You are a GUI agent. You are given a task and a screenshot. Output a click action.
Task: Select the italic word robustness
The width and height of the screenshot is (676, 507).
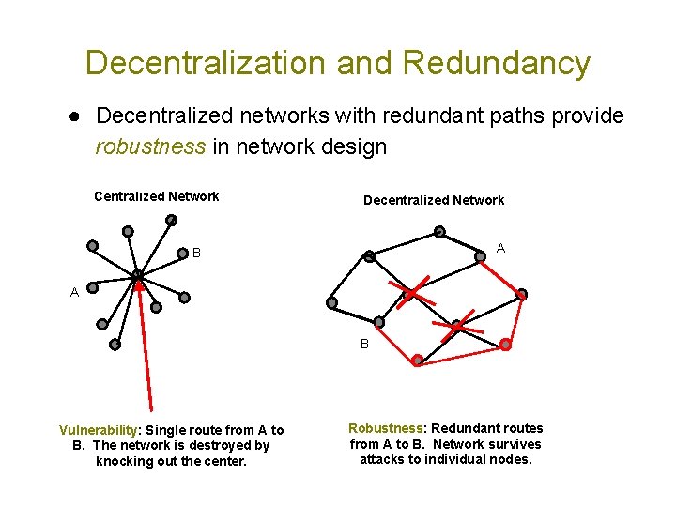(x=150, y=146)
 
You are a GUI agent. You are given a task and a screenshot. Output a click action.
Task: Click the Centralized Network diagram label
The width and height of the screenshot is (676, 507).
(x=156, y=196)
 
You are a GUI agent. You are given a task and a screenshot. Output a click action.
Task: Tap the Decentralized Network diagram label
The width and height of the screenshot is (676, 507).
(x=433, y=200)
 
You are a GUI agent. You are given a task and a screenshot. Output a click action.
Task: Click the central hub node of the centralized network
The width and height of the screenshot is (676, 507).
(x=137, y=275)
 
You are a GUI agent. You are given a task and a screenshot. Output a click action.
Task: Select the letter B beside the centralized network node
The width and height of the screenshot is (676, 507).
(x=196, y=253)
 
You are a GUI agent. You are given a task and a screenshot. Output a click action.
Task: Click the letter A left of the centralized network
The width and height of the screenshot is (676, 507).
(x=74, y=292)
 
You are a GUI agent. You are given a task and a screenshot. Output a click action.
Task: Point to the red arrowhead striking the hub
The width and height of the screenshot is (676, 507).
(x=140, y=286)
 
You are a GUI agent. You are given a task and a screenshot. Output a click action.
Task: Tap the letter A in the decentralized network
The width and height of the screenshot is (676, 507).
(x=500, y=249)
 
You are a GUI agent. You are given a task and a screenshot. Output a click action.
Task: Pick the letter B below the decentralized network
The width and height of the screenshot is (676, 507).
(x=364, y=344)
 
